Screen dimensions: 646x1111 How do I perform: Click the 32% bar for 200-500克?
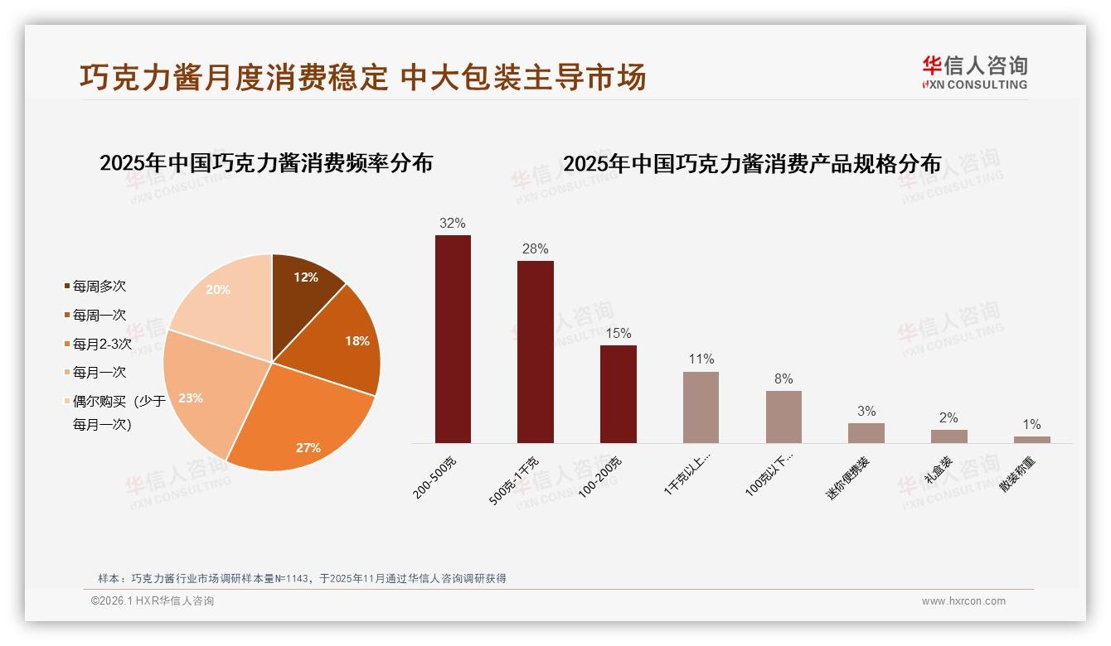453,339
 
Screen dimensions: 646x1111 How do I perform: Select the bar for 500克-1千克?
536,352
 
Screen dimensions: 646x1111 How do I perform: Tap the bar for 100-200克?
619,394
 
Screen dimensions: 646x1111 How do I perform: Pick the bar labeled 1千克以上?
701,407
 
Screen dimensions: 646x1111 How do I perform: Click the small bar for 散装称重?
1031,440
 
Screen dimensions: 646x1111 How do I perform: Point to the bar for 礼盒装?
948,436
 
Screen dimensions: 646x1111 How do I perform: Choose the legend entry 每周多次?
99,287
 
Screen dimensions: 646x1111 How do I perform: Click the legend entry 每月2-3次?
101,344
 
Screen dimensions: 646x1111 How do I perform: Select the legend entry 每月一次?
99,373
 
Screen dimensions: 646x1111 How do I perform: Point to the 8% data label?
784,379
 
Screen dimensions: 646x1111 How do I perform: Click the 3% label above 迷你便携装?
866,412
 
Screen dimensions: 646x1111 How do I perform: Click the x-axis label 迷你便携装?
848,479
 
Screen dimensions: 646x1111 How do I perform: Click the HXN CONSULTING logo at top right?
974,73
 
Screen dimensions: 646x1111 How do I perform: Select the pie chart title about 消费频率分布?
266,163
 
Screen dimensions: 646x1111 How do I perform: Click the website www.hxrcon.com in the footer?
963,601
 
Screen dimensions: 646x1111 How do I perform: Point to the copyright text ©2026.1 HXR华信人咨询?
153,601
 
